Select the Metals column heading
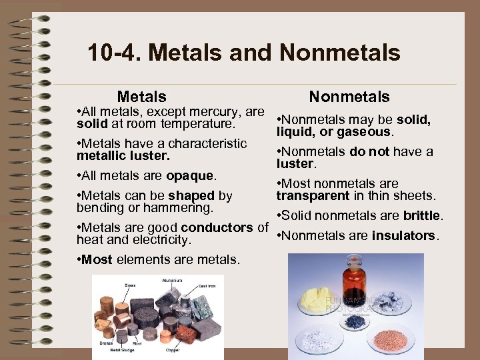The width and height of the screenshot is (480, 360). click(141, 97)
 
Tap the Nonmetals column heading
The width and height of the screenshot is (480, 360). click(349, 97)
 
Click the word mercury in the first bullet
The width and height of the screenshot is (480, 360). click(213, 112)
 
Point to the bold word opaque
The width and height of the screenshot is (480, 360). click(190, 176)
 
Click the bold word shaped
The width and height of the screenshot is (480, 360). click(191, 195)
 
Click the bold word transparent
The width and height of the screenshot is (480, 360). click(313, 195)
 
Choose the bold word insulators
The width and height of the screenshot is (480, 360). click(403, 235)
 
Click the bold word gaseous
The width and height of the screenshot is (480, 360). click(364, 132)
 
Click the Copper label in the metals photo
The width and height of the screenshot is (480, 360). click(172, 349)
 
